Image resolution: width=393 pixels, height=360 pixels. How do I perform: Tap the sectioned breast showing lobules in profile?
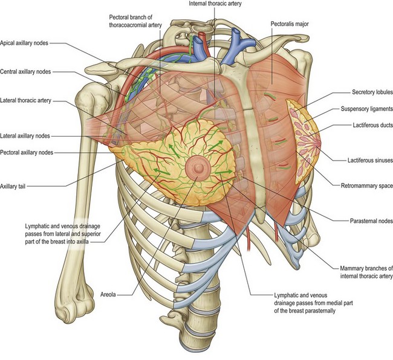pos(306,135)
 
